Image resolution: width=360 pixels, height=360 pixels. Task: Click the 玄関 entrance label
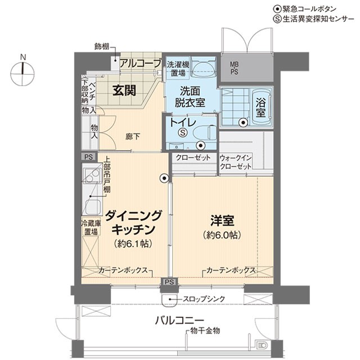(124, 91)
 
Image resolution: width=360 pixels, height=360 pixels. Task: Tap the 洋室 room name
(222, 220)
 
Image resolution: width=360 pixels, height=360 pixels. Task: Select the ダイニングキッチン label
(133, 223)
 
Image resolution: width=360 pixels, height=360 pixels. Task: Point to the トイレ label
(183, 123)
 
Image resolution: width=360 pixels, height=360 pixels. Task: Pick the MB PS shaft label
(234, 68)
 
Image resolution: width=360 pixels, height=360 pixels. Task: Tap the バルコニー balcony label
(179, 321)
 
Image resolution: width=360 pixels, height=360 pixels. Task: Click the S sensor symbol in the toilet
(183, 132)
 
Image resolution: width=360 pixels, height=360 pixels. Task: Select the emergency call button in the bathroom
(242, 123)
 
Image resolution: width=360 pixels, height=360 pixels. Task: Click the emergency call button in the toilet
(201, 145)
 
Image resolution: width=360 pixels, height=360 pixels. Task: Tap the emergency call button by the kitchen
(164, 178)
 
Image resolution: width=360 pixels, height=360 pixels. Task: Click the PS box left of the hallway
(89, 157)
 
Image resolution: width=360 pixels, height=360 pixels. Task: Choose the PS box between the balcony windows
(169, 282)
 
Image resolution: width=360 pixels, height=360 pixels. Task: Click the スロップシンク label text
(204, 299)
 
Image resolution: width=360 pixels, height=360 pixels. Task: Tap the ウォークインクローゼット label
(236, 162)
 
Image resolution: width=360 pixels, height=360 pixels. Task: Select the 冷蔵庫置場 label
(91, 227)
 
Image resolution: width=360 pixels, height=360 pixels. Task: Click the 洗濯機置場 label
(178, 69)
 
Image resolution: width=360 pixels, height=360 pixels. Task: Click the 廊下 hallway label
(133, 137)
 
